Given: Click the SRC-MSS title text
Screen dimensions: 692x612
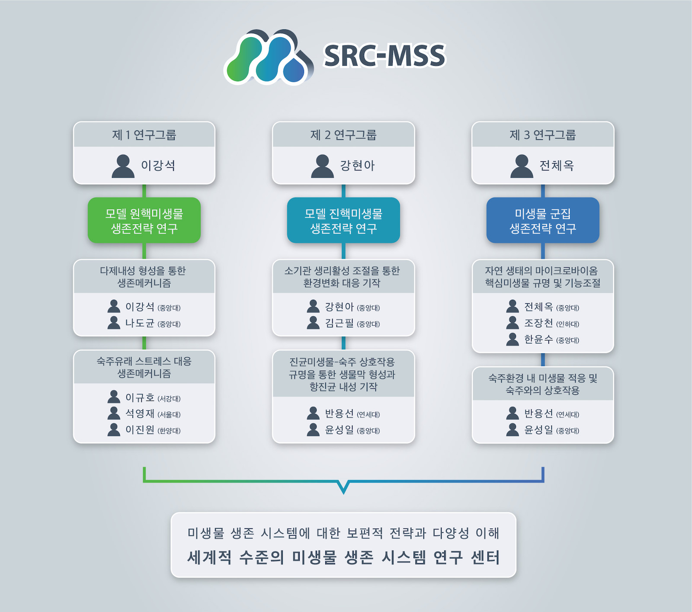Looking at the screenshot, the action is (384, 56).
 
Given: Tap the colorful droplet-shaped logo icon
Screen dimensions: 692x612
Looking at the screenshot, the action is (269, 57).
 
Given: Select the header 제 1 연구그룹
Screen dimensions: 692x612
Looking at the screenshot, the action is (144, 135).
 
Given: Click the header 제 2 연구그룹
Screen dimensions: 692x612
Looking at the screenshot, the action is (343, 135).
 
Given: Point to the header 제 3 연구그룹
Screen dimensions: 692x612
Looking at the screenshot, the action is (543, 135).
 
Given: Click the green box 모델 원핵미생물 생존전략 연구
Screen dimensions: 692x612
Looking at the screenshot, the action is (144, 220).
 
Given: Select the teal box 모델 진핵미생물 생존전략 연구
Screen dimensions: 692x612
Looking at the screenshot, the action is (343, 220).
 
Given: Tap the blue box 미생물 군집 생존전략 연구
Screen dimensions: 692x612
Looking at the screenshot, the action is (543, 220).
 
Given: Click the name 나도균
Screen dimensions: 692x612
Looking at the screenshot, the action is (140, 323).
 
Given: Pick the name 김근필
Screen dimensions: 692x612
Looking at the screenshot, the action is (339, 323).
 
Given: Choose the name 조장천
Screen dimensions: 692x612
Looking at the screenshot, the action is (538, 323).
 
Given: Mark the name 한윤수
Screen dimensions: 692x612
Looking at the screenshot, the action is (538, 340).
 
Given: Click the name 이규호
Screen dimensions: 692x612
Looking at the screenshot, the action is (140, 397).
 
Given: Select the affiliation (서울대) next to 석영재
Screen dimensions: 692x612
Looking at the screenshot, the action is (169, 414).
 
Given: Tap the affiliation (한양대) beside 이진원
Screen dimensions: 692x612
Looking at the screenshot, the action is (169, 431).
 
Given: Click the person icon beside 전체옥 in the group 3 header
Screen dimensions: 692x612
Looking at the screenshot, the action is (522, 166).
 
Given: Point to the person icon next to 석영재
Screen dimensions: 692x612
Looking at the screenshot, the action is (114, 413).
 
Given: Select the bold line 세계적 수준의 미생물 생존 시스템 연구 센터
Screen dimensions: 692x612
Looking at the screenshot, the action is (343, 557).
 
